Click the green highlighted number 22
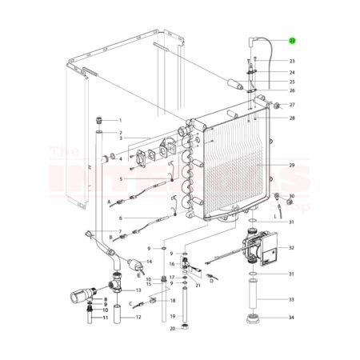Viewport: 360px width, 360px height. (292, 40)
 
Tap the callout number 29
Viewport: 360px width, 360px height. (292, 166)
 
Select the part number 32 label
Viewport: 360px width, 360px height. (292, 249)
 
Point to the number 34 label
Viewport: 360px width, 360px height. (292, 318)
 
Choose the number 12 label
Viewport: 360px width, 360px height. (138, 317)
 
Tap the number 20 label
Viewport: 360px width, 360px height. (172, 328)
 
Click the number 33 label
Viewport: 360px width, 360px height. (292, 300)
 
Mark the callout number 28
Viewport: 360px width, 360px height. (292, 118)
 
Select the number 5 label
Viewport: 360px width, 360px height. (120, 179)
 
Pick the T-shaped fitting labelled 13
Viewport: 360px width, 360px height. (114, 284)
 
